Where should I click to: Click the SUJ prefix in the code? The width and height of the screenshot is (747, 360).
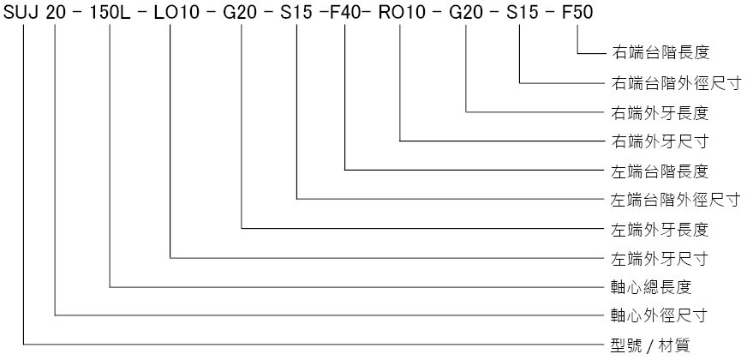pos(22,12)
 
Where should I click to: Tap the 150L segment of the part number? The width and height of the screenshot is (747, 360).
pos(109,12)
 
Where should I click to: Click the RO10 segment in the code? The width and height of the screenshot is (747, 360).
pos(402,12)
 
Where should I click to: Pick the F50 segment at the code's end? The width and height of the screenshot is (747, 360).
pos(577,12)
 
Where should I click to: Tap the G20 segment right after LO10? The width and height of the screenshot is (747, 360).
pos(241,12)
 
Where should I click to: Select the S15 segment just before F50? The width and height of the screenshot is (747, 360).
pos(519,12)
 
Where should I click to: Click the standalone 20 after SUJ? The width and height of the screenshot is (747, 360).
pos(56,12)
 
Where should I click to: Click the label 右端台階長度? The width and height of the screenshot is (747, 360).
pos(660,53)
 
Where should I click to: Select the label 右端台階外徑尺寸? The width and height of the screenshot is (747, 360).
pos(676,83)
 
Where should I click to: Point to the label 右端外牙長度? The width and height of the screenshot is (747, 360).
pos(660,112)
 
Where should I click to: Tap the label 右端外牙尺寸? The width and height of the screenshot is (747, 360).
pos(660,141)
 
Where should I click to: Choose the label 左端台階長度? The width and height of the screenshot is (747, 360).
pos(660,171)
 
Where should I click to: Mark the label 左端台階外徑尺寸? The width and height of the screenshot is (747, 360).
pos(676,200)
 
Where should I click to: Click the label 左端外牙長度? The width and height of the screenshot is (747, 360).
pos(660,230)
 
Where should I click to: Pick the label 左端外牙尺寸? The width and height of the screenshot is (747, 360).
pos(660,259)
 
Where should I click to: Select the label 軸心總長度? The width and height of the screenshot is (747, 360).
pos(651,287)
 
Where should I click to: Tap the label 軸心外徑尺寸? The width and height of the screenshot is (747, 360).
pos(660,315)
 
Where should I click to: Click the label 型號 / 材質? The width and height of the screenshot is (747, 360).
pos(650,345)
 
